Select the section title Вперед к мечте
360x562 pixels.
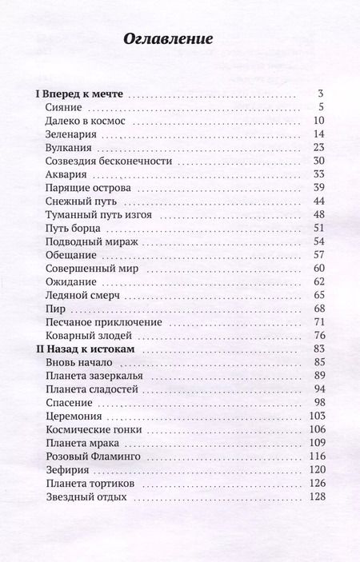click(79, 94)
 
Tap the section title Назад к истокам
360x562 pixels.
click(87, 349)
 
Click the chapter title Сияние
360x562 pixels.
click(64, 108)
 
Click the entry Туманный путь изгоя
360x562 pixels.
click(99, 215)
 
